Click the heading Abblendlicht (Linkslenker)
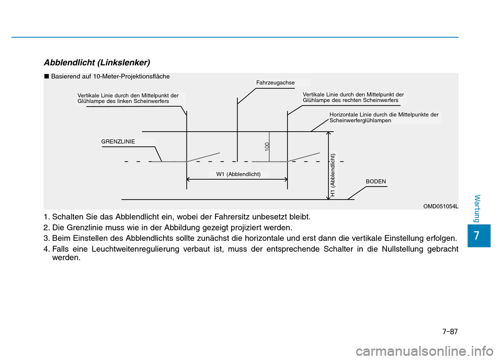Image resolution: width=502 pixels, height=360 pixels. coord(97,62)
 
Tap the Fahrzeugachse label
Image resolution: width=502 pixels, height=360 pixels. coord(276,83)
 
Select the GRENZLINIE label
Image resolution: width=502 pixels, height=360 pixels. coord(118,142)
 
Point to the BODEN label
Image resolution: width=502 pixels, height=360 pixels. coord(376,181)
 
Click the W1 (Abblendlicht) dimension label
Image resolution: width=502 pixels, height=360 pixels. coord(238,174)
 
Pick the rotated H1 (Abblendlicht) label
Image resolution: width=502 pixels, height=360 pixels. coord(333,175)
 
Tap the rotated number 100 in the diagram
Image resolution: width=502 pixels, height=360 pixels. coord(267,146)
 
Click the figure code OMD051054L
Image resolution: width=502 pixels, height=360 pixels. coord(441,206)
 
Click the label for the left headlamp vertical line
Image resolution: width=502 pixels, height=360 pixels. coord(128,99)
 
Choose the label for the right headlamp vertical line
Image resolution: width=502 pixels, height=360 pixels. coord(353,97)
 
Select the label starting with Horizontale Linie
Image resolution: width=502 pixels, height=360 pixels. coord(384,117)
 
